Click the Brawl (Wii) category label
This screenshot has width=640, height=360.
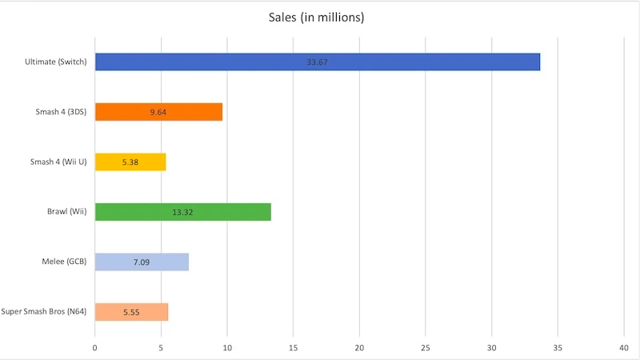[x=67, y=212]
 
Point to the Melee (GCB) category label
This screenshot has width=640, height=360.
[x=64, y=262]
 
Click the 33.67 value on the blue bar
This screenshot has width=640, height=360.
[x=318, y=62]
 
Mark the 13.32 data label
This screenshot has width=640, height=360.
[x=183, y=212]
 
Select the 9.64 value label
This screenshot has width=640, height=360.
[x=158, y=112]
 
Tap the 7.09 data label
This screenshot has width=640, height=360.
[x=142, y=262]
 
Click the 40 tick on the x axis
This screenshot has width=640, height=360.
[x=624, y=347]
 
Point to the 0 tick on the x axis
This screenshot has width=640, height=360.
[x=95, y=347]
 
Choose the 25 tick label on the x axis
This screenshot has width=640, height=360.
[x=426, y=347]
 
